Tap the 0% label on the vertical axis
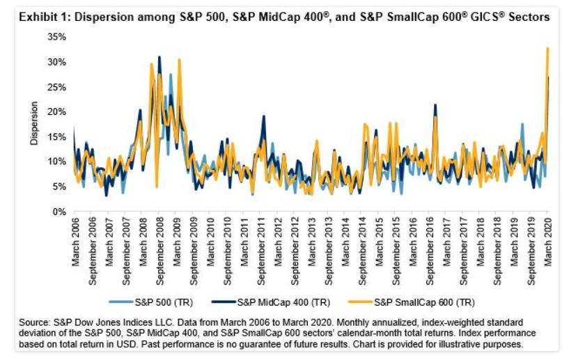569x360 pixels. (x=60, y=211)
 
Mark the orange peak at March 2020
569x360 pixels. (x=547, y=48)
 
